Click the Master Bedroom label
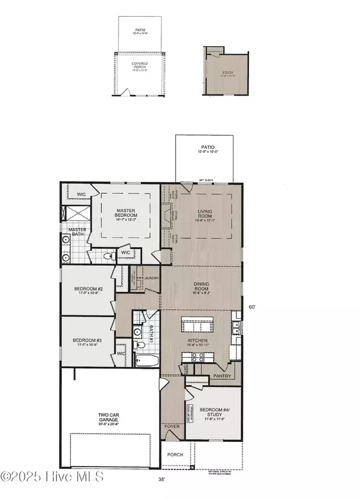[x=127, y=213]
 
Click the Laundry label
[x=150, y=278]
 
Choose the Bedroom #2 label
[x=89, y=289]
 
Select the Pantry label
[x=222, y=376]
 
